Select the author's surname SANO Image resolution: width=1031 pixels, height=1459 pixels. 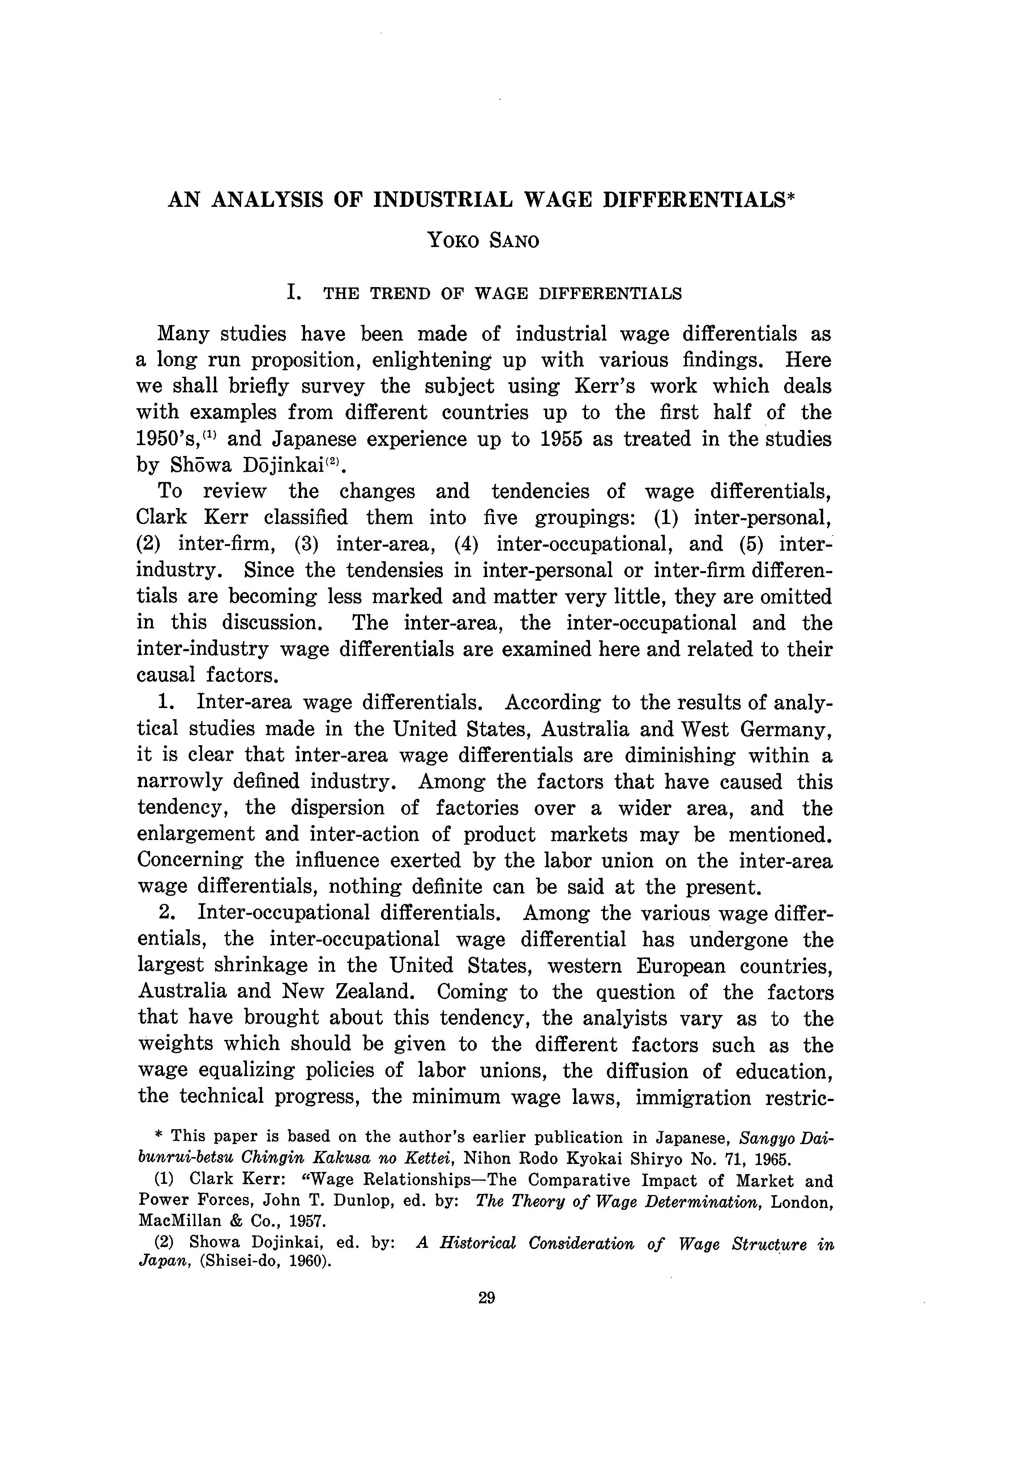(514, 241)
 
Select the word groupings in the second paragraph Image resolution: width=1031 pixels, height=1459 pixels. (585, 518)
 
